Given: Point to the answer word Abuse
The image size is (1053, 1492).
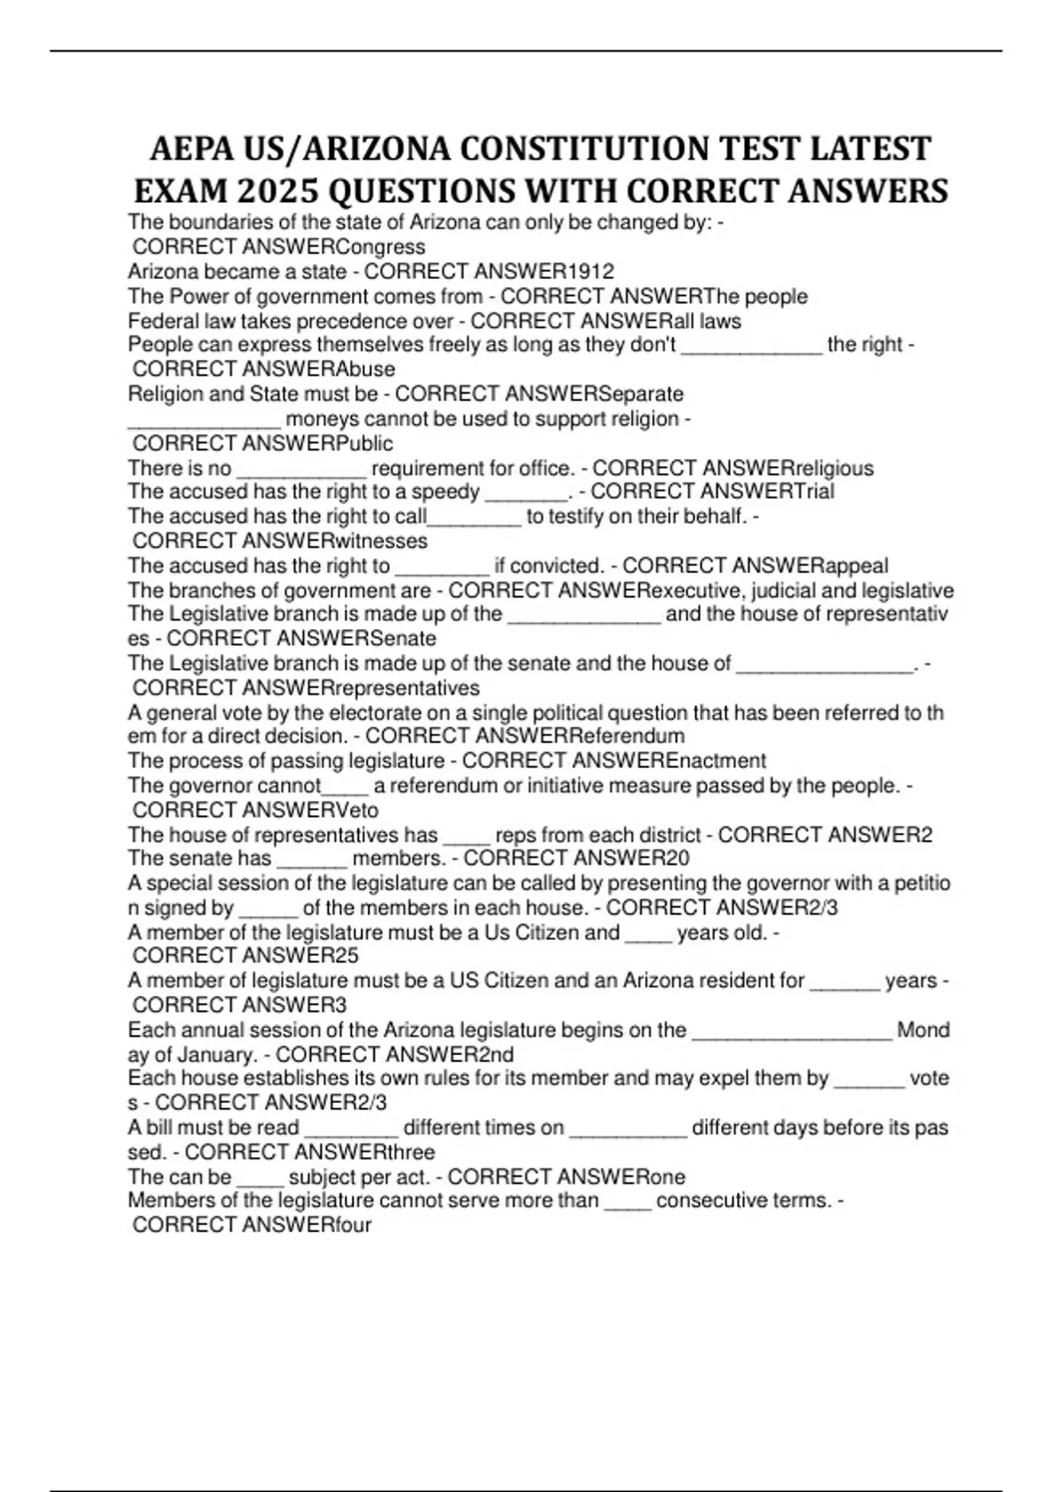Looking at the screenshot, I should coord(366,369).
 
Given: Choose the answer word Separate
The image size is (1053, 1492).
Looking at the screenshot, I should coord(640,394).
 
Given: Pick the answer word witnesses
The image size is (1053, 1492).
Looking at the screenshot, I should coord(382,541).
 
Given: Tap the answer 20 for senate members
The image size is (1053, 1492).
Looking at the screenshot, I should coord(677,857).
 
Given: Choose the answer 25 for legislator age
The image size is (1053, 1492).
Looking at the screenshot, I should coord(347,955).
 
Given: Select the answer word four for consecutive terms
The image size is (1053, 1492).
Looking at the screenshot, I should coord(354,1224).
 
